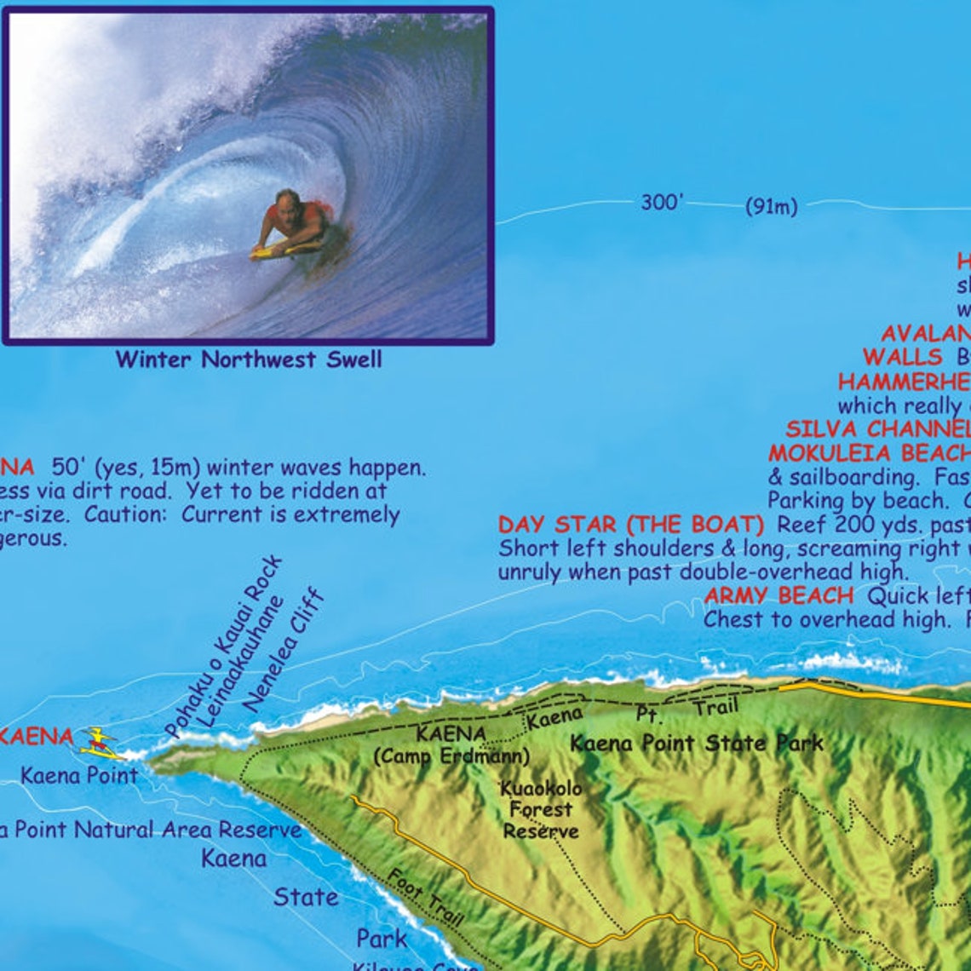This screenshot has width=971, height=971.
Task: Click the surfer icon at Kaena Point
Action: [99, 742]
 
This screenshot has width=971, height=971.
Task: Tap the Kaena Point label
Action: [78, 775]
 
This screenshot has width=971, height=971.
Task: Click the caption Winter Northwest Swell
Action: [249, 359]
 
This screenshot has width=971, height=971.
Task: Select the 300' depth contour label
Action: [662, 203]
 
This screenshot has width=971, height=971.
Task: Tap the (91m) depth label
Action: [771, 206]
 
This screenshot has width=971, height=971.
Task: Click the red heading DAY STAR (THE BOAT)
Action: [631, 524]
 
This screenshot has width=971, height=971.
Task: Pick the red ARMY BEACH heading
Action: [779, 595]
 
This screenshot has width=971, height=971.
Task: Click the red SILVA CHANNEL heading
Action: [877, 428]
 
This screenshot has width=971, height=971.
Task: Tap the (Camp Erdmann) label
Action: [451, 756]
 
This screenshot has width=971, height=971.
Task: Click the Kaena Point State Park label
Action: [696, 743]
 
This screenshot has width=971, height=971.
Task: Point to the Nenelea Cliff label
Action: [284, 649]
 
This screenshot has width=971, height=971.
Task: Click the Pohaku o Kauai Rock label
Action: [223, 647]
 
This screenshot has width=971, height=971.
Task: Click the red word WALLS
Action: [902, 357]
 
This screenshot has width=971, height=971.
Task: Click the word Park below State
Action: [381, 938]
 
